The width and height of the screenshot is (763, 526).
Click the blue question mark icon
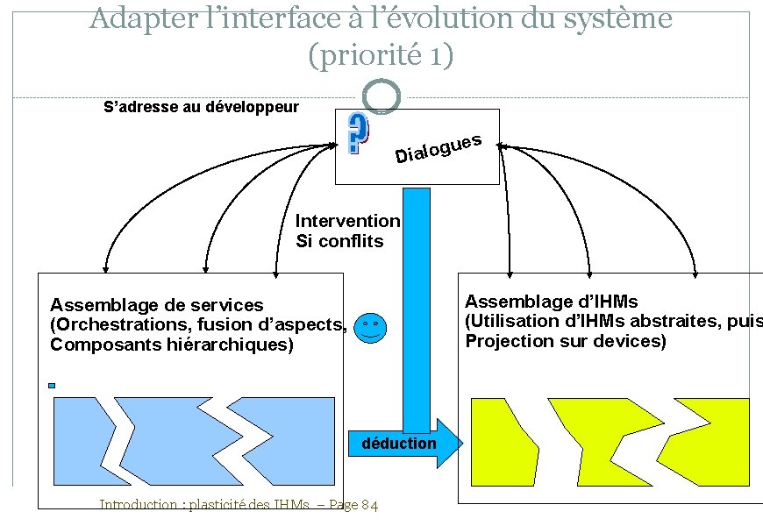tap(358, 134)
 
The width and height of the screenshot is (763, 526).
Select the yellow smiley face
tap(372, 328)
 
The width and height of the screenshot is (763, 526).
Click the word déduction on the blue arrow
tap(398, 444)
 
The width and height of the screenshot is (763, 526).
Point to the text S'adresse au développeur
tap(201, 108)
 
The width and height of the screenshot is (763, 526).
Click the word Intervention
tap(348, 222)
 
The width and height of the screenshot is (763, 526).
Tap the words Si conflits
tap(339, 241)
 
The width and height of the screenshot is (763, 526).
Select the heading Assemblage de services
tap(156, 305)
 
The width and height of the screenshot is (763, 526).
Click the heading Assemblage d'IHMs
tap(551, 302)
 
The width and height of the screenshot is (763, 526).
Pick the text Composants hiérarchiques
tap(171, 345)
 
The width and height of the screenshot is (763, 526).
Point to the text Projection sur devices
tap(566, 341)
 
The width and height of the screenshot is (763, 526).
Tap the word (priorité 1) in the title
tap(381, 55)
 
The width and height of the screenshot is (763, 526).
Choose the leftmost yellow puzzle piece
tap(503, 435)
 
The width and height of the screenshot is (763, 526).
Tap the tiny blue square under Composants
tap(52, 385)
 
